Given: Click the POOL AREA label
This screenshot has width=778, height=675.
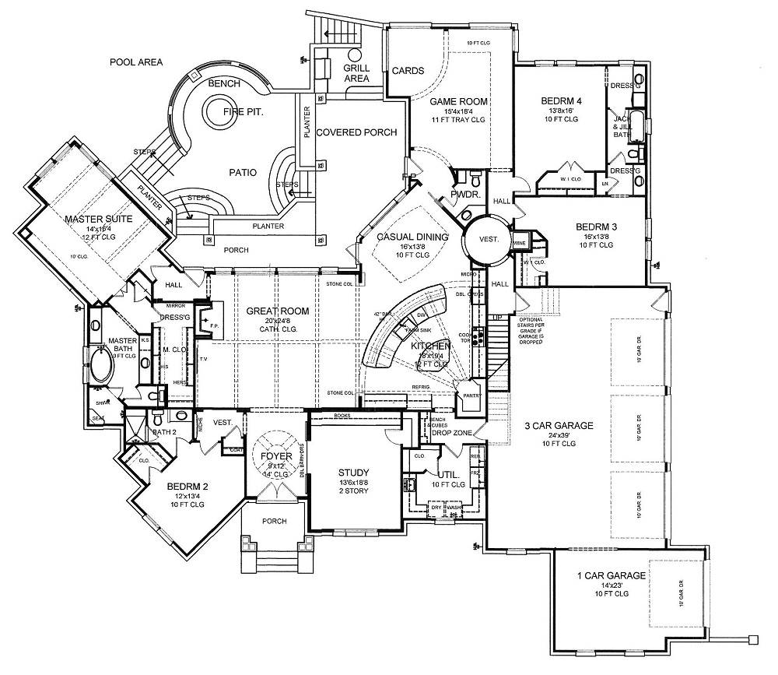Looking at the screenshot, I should click(x=135, y=62).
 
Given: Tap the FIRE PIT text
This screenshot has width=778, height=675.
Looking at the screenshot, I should click(x=244, y=112).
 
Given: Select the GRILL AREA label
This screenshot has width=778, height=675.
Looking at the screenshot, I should click(x=356, y=73).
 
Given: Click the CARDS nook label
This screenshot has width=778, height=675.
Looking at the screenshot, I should click(x=408, y=71).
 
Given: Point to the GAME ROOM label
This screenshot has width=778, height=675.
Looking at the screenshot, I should click(x=460, y=101).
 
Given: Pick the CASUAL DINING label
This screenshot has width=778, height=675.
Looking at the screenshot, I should click(x=412, y=237).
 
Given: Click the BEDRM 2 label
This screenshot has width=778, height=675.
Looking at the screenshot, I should click(x=187, y=487).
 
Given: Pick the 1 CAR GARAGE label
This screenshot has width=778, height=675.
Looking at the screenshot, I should click(x=611, y=576).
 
